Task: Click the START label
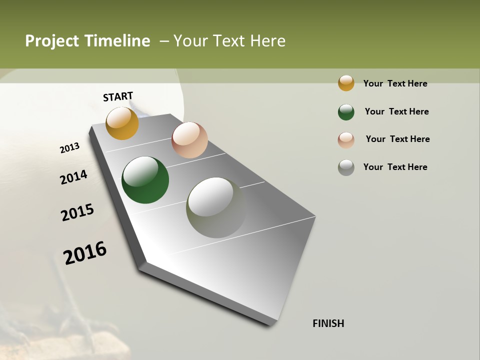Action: [118, 96]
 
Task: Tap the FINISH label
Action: [328, 323]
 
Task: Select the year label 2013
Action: [69, 148]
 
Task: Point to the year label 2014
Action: [73, 177]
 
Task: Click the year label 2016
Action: [85, 253]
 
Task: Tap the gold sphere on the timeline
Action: [122, 123]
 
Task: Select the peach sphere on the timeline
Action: [189, 140]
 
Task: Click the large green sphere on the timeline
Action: [145, 180]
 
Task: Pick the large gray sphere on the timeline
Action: [216, 207]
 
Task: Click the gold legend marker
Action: [346, 83]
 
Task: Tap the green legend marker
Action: [346, 112]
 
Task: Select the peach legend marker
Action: [346, 139]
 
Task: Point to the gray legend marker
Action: [346, 167]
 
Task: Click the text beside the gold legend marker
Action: [395, 83]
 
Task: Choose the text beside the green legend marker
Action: [396, 111]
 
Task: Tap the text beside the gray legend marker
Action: [395, 167]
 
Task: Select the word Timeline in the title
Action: [118, 41]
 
